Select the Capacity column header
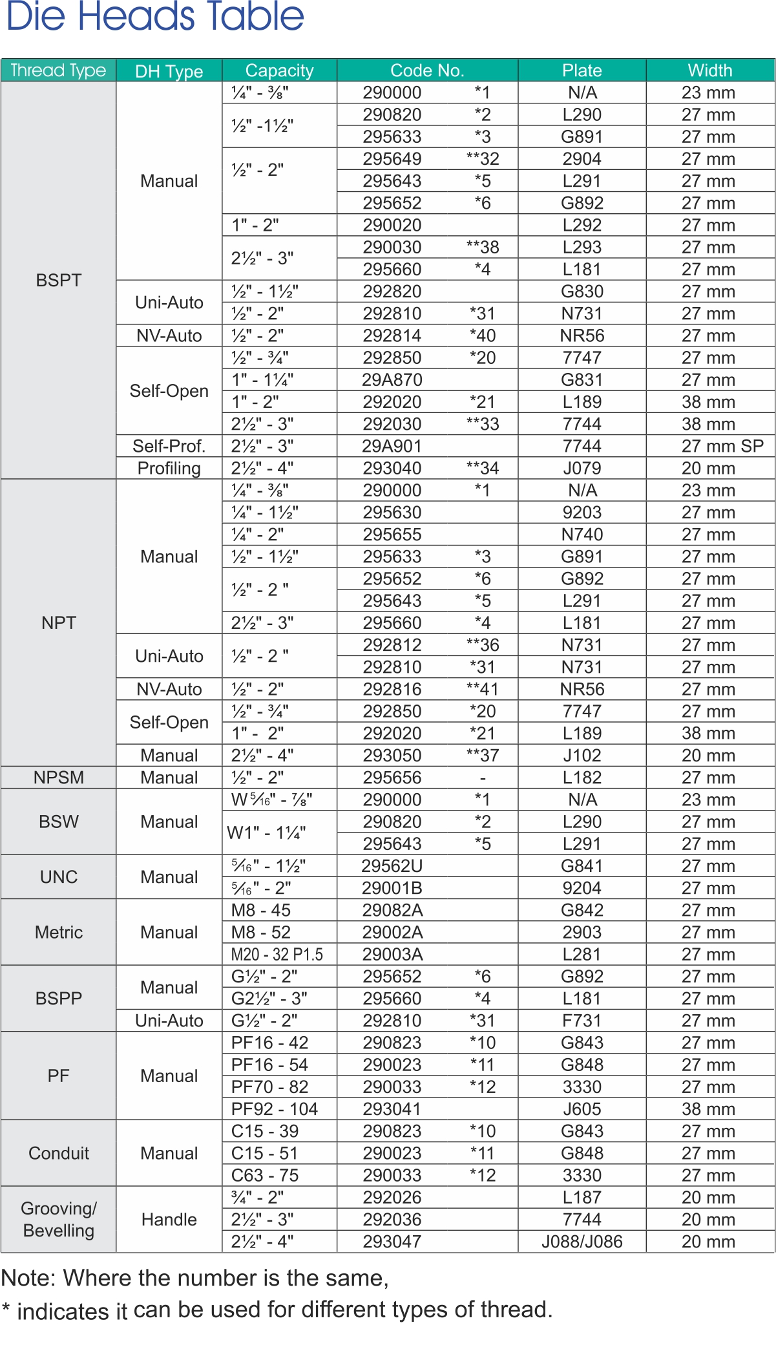[279, 70]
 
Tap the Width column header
[709, 70]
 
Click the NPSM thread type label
[59, 778]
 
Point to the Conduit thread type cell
[59, 1153]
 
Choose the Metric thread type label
[59, 932]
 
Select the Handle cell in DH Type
[169, 1220]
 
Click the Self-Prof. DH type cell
[169, 446]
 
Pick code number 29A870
[392, 380]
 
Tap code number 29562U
[392, 866]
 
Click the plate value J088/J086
[582, 1242]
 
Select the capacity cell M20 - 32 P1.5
[277, 955]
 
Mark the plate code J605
[582, 1109]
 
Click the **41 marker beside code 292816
[483, 689]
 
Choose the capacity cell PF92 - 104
[275, 1109]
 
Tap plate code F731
[582, 1021]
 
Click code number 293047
[392, 1242]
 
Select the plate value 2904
[582, 159]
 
